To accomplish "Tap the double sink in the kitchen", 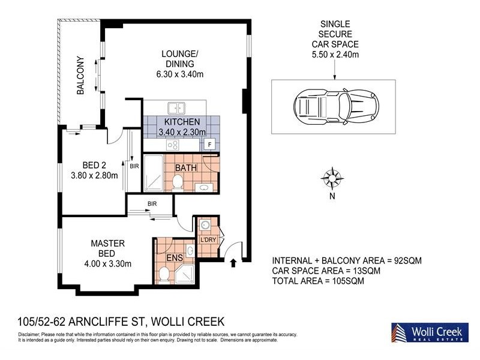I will coord(176,108).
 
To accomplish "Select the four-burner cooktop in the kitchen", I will coord(173,145).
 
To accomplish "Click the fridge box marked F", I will coord(209,145).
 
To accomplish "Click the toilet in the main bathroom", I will coord(178,182).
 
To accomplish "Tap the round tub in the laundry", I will coord(204,226).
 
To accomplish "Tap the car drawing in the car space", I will coord(333,107).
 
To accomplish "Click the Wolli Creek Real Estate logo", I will coord(427,332).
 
